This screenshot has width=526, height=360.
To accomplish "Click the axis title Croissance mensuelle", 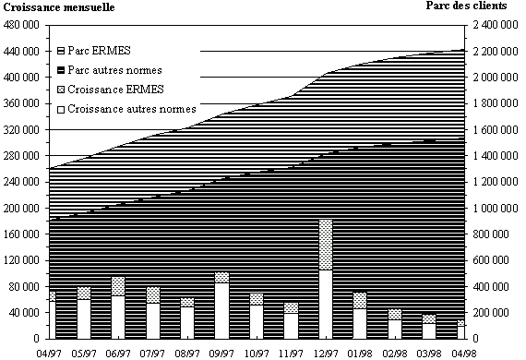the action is pyautogui.click(x=59, y=7).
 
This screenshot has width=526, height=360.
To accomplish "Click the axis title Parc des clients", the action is pyautogui.click(x=466, y=6).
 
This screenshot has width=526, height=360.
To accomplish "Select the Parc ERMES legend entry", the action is pyautogui.click(x=94, y=51).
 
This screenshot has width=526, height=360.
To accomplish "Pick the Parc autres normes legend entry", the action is pyautogui.click(x=110, y=70).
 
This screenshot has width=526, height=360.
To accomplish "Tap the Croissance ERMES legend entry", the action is pyautogui.click(x=111, y=90).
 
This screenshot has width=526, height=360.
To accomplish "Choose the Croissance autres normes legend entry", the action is pyautogui.click(x=126, y=109).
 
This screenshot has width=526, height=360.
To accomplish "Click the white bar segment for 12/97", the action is pyautogui.click(x=326, y=305).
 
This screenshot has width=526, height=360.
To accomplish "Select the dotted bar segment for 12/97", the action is pyautogui.click(x=326, y=245).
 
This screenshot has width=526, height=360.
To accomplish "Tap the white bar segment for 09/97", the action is pyautogui.click(x=221, y=311).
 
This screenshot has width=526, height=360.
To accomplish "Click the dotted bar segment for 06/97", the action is pyautogui.click(x=118, y=286).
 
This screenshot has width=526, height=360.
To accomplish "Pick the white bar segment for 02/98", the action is pyautogui.click(x=395, y=330).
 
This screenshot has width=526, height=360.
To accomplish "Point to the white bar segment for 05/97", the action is pyautogui.click(x=84, y=319).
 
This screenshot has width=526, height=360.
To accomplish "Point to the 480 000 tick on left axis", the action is pyautogui.click(x=21, y=25).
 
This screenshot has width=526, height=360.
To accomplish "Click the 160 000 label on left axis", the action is pyautogui.click(x=21, y=234).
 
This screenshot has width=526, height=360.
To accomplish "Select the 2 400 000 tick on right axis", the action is pyautogui.click(x=496, y=25).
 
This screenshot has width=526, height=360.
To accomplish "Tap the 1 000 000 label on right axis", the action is pyautogui.click(x=496, y=208).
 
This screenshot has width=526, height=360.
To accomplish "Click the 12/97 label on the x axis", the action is pyautogui.click(x=326, y=354).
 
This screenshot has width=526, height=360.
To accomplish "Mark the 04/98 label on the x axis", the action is pyautogui.click(x=464, y=354).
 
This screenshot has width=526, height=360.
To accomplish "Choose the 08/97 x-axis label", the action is pyautogui.click(x=187, y=354).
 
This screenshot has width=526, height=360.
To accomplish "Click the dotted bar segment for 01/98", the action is pyautogui.click(x=360, y=301).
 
